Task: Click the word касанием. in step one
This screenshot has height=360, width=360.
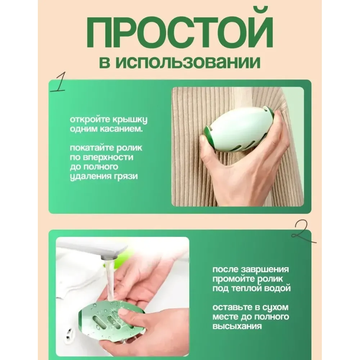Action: pyautogui.click(x=121, y=129)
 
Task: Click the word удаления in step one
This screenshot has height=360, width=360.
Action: pyautogui.click(x=90, y=176)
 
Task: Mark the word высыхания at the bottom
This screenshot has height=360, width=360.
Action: pyautogui.click(x=237, y=326)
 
